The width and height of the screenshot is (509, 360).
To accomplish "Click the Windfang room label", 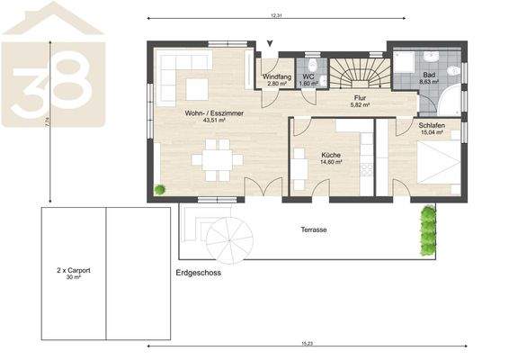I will [277, 77].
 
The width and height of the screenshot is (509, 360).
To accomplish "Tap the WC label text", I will [308, 77].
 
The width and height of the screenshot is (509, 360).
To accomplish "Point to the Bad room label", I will [428, 76].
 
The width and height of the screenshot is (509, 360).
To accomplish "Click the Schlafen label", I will [433, 126].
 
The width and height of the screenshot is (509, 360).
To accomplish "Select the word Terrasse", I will [313, 230].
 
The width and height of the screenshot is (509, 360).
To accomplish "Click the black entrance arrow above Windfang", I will [269, 42].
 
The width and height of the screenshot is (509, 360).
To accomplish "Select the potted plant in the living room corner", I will [160, 189].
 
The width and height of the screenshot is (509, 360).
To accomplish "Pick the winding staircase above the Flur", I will [359, 71].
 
